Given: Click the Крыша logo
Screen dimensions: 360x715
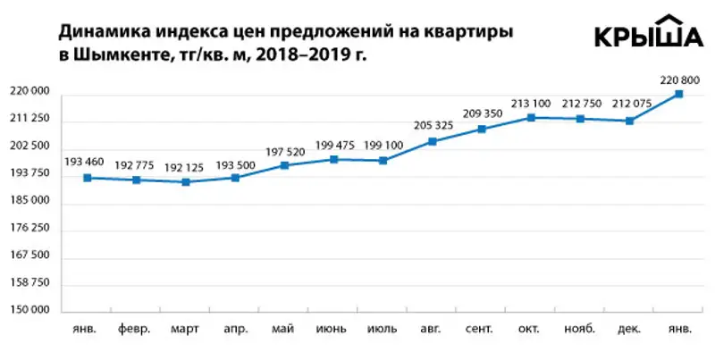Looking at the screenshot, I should (x=648, y=35).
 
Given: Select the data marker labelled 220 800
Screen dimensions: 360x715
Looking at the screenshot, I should (x=679, y=94).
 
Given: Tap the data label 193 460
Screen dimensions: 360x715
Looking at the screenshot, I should (x=86, y=162).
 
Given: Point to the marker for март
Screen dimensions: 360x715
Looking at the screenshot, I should (x=186, y=182).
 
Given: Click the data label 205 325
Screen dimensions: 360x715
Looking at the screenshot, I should (x=433, y=124).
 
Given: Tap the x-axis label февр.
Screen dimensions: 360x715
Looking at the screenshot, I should (x=136, y=329).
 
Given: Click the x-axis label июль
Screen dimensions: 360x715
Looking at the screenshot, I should (x=382, y=329).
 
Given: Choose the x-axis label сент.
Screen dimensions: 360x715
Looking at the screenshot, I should (x=481, y=329).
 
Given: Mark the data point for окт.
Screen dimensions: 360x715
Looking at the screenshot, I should (x=531, y=117).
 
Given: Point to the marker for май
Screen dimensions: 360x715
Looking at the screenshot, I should (x=284, y=165).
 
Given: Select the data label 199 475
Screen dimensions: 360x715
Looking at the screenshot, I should (x=333, y=145).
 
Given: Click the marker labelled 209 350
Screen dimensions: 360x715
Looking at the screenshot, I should (x=482, y=130).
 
